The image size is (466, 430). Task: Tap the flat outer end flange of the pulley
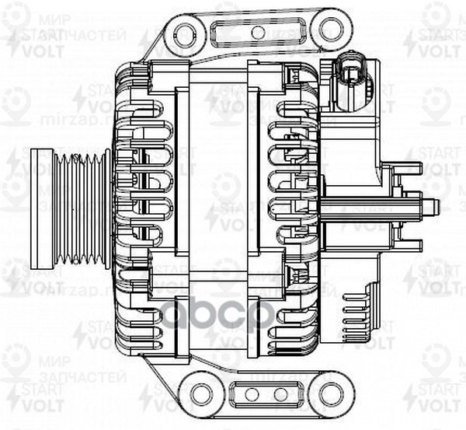point(41,208)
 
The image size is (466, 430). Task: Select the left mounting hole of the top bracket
point(185,33)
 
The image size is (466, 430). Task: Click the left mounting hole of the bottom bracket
point(200,393)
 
